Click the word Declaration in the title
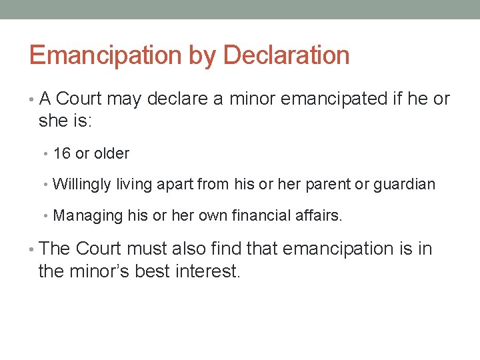click(287, 55)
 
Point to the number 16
click(62, 153)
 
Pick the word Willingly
click(81, 184)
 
